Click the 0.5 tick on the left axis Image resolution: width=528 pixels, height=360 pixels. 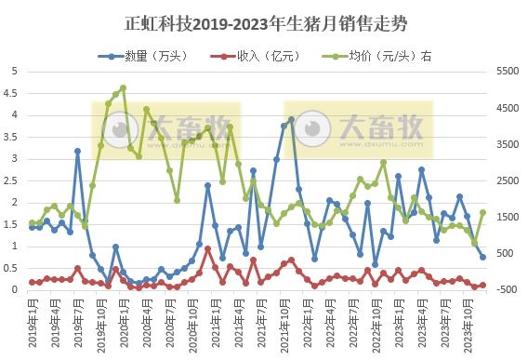click(12, 268)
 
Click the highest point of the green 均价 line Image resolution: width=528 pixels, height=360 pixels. click(123, 88)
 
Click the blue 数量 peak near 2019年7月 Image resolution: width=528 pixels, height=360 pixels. click(77, 151)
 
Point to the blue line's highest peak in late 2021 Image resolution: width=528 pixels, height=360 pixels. click(291, 119)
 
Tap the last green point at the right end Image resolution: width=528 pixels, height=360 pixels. click(482, 212)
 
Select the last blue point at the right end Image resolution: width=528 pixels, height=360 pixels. click(482, 258)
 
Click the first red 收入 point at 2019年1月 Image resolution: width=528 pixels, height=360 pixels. click(32, 282)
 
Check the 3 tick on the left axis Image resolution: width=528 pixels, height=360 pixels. click(12, 159)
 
